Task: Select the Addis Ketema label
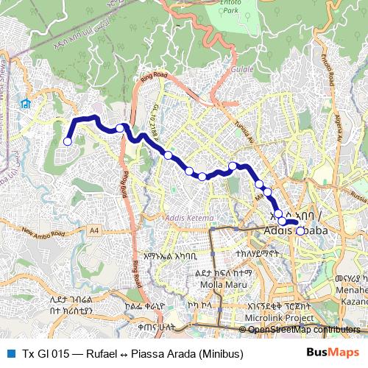click(x=191, y=219)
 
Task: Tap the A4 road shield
click(x=94, y=230)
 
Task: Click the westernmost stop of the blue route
click(x=68, y=141)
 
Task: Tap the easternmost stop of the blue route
click(x=300, y=230)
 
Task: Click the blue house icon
click(x=26, y=104)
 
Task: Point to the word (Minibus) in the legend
click(x=218, y=353)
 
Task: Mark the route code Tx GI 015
click(x=46, y=353)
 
